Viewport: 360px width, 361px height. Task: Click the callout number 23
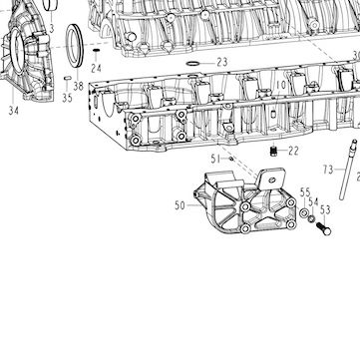click(x=222, y=62)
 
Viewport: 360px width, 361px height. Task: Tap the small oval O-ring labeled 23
click(x=192, y=63)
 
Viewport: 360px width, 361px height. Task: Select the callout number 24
click(x=97, y=69)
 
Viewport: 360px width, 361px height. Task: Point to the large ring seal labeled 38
click(x=75, y=45)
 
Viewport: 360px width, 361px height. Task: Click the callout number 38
click(x=79, y=86)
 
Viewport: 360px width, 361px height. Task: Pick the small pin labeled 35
click(x=68, y=78)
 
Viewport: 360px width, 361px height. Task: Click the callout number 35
click(x=67, y=98)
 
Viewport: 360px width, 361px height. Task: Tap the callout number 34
click(x=13, y=111)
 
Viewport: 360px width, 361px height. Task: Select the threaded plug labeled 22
click(x=273, y=151)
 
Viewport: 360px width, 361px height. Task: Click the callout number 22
click(x=293, y=151)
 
